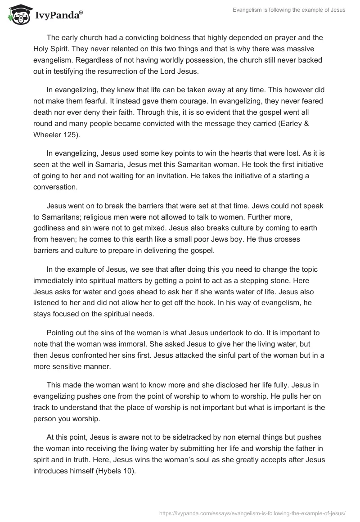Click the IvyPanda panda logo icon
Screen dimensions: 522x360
tap(18, 15)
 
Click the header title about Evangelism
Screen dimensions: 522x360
tap(289, 10)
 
